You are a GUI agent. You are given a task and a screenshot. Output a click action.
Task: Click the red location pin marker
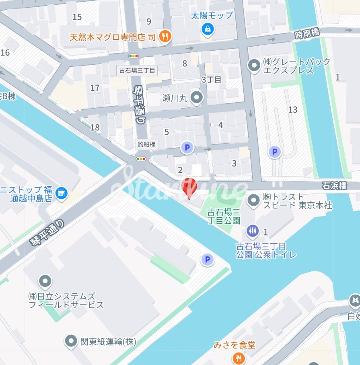pos(189,187)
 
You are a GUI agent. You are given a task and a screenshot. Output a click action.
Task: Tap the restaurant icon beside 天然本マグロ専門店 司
pos(165,37)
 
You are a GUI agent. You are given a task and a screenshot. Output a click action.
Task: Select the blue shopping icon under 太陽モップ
pos(208,29)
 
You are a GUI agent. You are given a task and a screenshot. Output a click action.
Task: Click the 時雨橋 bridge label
pos(307,34)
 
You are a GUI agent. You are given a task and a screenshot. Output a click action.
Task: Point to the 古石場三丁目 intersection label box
pos(137,70)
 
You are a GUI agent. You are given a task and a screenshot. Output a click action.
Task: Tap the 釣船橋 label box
pos(146,144)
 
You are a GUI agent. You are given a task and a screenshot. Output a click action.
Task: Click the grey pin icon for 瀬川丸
pos(197,97)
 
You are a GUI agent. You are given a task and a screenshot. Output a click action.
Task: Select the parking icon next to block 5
pos(187,148)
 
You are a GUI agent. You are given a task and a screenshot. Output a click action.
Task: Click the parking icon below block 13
pos(275,152)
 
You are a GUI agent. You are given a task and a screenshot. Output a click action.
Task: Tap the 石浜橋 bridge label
pos(334,186)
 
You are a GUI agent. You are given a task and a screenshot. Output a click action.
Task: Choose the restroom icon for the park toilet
pos(252,231)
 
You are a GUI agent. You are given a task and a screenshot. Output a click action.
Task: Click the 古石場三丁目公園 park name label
pos(224,216)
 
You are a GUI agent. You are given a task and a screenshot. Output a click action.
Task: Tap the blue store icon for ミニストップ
pos(62,193)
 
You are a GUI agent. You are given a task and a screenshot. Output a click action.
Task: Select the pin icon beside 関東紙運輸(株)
pos(71,342)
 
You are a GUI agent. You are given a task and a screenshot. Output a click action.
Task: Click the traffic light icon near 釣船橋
pos(141,159)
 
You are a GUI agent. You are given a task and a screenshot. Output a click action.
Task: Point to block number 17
pos(95,88)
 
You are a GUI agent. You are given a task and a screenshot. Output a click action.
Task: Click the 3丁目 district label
pos(212,79)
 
